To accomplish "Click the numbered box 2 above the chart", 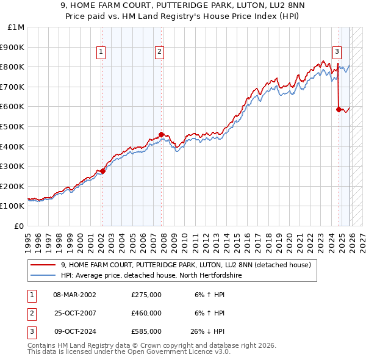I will [159, 52].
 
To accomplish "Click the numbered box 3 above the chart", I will [337, 52].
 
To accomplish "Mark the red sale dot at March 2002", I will [102, 171].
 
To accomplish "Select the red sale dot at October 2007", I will [161, 134].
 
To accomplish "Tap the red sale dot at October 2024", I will [339, 110].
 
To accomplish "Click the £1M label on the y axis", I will [16, 27].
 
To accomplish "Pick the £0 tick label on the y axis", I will [19, 226].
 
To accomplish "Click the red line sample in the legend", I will [43, 265].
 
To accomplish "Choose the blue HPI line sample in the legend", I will [43, 276].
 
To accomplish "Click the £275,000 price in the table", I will [146, 294].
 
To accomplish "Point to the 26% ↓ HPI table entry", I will [208, 332].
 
